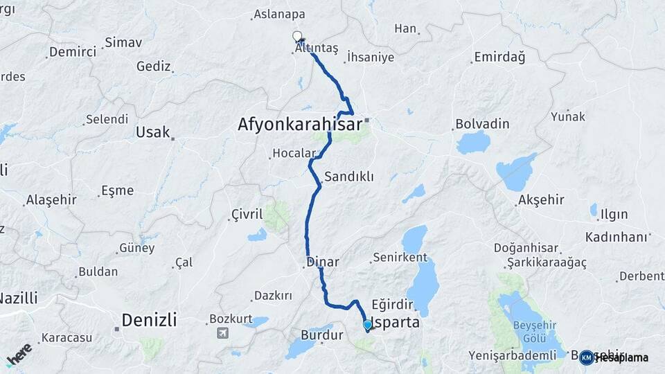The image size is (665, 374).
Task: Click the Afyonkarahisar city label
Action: pos(299,125)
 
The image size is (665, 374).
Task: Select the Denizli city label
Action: pos(149,320)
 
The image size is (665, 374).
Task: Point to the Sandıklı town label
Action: pos(349,177)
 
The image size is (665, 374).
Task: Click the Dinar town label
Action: pos(323,262)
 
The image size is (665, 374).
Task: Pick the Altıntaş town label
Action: pos(316,48)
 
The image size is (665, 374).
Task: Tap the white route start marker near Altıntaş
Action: pos(297,36)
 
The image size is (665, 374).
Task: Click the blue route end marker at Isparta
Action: pos(367,324)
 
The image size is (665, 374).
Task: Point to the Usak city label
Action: pos(152,132)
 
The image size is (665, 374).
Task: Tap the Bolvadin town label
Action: pos(482,125)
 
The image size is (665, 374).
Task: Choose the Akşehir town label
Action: pos(540,200)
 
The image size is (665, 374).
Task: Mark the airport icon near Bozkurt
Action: pos(222,332)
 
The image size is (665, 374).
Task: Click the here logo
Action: pos(19,355)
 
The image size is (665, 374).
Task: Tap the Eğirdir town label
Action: pos(392,304)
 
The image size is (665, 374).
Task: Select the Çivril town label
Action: pos(247,215)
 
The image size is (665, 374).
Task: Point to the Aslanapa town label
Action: pos(280,14)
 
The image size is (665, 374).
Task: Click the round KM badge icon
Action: pos(587,357)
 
